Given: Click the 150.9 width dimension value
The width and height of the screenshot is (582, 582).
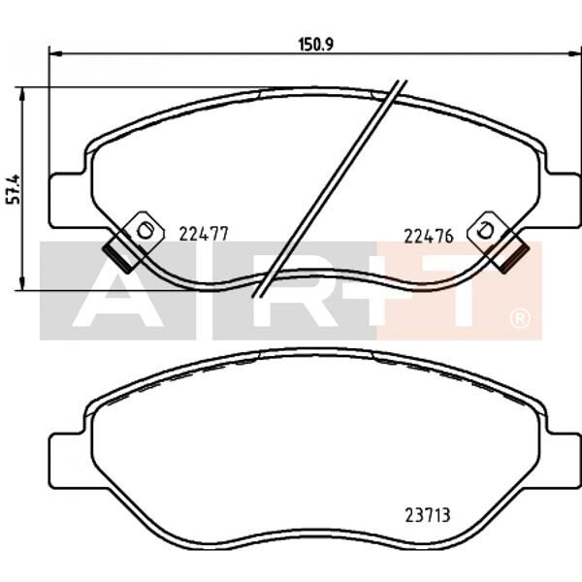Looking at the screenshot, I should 309,44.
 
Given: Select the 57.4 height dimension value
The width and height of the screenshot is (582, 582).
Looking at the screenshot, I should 14,189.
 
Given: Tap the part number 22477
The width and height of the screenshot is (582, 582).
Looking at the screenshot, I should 204,233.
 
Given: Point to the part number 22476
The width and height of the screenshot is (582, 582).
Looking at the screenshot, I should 428,233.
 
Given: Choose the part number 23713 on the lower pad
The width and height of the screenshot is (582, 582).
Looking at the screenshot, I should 428,515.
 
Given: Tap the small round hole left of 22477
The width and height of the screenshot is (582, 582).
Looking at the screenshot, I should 145,230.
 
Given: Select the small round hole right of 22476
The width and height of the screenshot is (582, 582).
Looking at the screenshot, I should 487,230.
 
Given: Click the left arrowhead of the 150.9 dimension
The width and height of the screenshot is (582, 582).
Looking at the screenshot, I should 52,53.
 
